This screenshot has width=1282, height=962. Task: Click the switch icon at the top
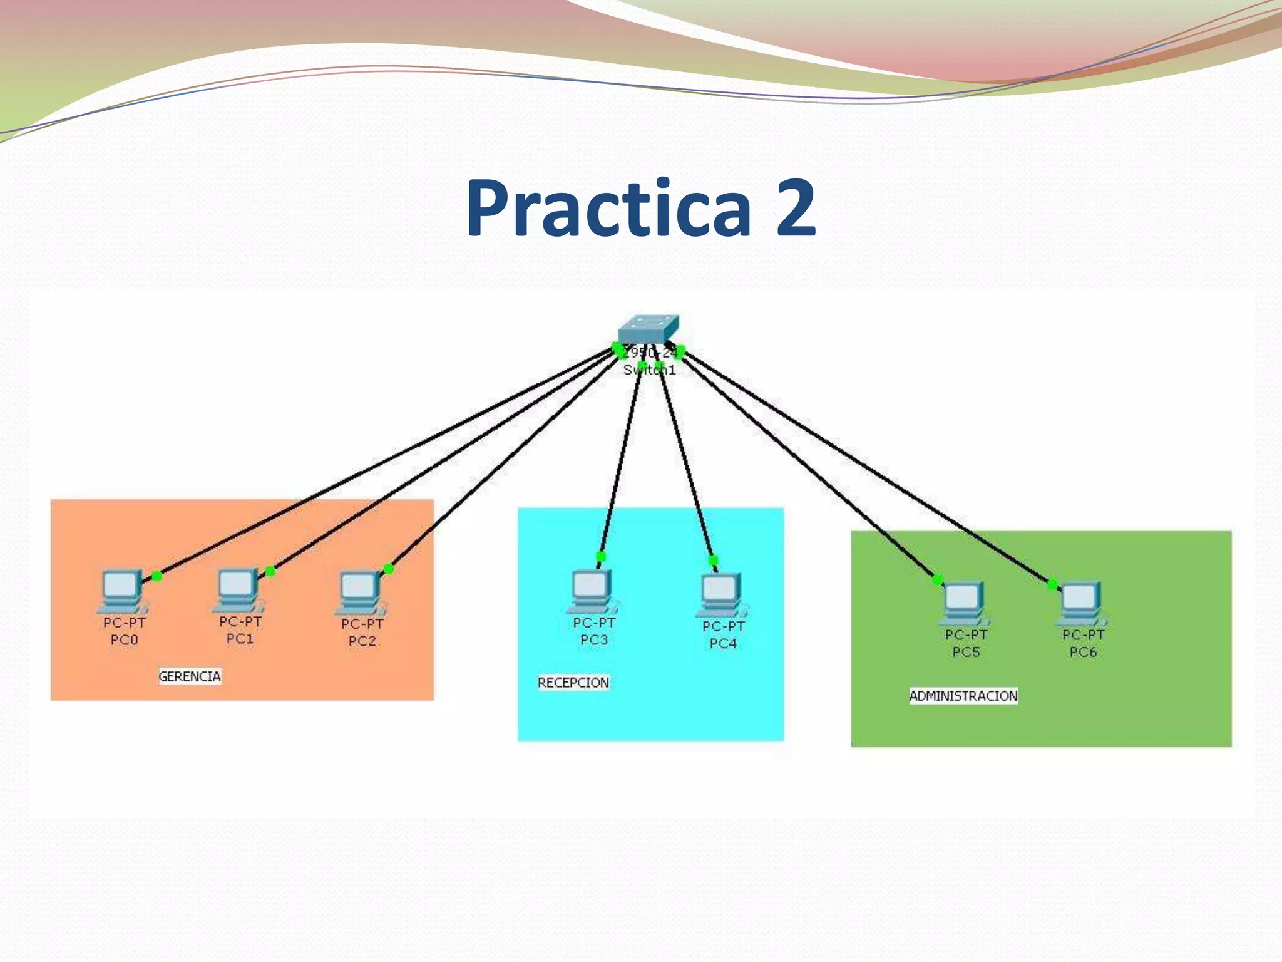(x=649, y=329)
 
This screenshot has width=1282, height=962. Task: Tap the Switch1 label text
(x=649, y=370)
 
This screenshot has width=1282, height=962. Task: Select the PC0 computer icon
(x=122, y=591)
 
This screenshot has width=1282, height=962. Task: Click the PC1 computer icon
(x=238, y=590)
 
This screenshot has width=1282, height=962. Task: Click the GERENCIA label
(x=190, y=676)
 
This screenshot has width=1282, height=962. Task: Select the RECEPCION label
(x=573, y=683)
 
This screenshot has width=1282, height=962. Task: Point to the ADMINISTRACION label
(x=963, y=696)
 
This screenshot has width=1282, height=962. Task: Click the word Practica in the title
(x=608, y=208)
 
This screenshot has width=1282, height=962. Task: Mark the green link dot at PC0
(x=157, y=576)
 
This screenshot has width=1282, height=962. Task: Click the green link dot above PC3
(x=601, y=556)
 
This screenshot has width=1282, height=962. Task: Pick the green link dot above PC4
(x=713, y=560)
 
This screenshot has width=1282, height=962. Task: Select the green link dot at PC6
(x=1052, y=584)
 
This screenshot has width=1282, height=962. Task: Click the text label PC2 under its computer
(x=362, y=641)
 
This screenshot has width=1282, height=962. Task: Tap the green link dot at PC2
(x=389, y=569)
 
